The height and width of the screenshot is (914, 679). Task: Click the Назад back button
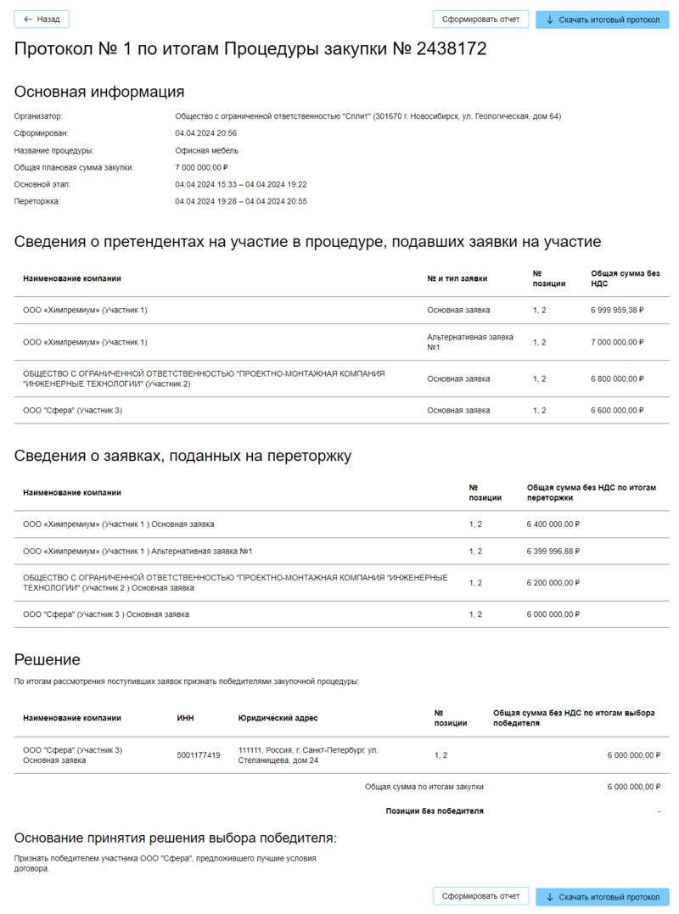[x=42, y=20]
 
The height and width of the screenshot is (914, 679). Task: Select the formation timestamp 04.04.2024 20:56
[x=205, y=133]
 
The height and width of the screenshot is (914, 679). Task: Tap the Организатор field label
[x=39, y=116]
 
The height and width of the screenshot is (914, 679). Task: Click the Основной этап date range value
[x=241, y=184]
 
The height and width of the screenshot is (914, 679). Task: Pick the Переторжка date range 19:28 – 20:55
[x=241, y=201]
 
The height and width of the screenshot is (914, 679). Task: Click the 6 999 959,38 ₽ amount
[x=617, y=311]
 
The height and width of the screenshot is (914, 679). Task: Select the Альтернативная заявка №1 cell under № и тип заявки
[x=470, y=342]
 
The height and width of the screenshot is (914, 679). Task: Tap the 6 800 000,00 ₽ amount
[x=617, y=379]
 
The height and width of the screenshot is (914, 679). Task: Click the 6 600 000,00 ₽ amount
[x=617, y=411]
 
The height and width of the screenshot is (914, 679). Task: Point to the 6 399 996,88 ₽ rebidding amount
[x=553, y=552]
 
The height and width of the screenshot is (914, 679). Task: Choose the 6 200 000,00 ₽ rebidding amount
[x=553, y=583]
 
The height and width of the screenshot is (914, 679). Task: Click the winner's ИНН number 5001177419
[x=199, y=755]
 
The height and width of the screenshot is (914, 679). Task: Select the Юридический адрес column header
[x=278, y=718]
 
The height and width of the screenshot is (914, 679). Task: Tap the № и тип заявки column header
[x=457, y=278]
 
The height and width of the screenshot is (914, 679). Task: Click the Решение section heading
[x=48, y=659]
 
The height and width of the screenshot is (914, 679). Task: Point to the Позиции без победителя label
[x=435, y=811]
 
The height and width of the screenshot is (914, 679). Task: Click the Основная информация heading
[x=99, y=92]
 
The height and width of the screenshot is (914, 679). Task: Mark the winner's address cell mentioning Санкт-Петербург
[x=309, y=755]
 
